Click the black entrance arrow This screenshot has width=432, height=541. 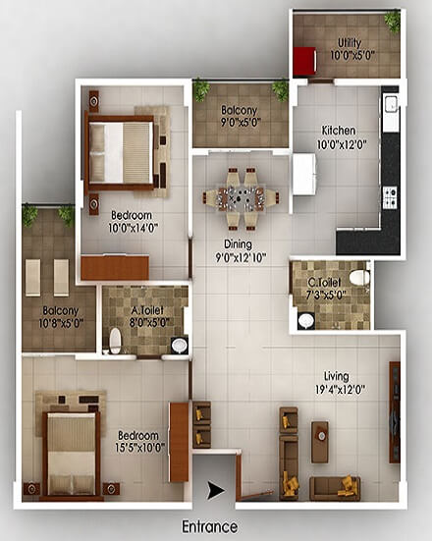point(215,490)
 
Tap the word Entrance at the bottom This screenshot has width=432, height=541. point(210,527)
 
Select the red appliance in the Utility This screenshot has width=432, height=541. point(304,60)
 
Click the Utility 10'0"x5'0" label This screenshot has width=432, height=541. point(351,49)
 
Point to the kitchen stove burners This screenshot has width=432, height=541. point(390,197)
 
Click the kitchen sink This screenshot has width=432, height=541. point(392,104)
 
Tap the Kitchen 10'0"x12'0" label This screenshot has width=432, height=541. point(341,137)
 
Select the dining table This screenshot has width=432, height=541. point(241,199)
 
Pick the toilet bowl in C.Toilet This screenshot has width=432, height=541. point(358,278)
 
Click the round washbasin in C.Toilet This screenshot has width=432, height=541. point(305,320)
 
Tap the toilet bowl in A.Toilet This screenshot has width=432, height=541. point(115,341)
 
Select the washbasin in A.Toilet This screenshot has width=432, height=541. point(179,346)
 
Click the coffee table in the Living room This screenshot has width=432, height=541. point(320,442)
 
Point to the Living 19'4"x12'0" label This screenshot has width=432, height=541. point(340,383)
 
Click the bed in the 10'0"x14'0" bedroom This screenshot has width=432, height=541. point(120,152)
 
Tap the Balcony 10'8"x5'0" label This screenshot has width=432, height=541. point(61,317)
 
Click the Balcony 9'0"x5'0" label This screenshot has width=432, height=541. point(241,116)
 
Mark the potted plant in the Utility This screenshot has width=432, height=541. point(393,22)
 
